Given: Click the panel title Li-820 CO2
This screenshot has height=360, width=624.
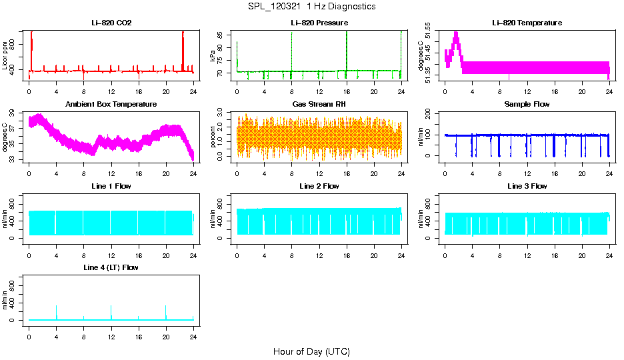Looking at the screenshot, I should (x=111, y=23).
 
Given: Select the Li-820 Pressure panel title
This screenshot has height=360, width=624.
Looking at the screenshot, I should (x=319, y=23).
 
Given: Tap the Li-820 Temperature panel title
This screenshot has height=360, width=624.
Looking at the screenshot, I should (x=527, y=23).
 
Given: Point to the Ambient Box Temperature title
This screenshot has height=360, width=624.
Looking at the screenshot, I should (x=111, y=105).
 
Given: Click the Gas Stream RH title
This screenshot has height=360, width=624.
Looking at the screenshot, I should (x=319, y=105).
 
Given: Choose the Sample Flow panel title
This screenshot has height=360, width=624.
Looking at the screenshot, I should (x=527, y=105).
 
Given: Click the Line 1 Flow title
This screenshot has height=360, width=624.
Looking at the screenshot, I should (x=111, y=186).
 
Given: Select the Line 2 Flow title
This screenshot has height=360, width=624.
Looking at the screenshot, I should (x=319, y=186).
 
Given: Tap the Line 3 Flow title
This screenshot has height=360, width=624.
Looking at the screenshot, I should (x=527, y=186).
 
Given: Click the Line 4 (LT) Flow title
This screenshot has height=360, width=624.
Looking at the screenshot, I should (x=111, y=267).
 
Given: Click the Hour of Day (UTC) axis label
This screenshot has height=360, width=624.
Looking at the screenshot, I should (x=311, y=351).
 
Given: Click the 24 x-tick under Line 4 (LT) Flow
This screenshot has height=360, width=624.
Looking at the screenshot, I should (x=193, y=331).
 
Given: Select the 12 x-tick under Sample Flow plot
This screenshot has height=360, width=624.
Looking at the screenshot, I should (x=527, y=168).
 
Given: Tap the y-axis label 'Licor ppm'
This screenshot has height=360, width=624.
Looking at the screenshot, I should (x=5, y=56).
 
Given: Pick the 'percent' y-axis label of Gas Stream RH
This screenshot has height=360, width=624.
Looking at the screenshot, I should (x=213, y=137).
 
